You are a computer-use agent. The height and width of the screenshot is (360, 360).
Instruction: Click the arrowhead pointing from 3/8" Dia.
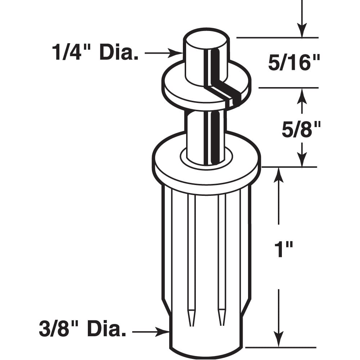[164, 331]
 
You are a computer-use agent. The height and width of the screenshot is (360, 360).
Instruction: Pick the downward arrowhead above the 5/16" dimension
[302, 31]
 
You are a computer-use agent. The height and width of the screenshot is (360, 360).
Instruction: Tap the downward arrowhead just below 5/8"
[302, 160]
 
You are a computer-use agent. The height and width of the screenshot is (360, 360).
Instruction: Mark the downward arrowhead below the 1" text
[278, 340]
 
